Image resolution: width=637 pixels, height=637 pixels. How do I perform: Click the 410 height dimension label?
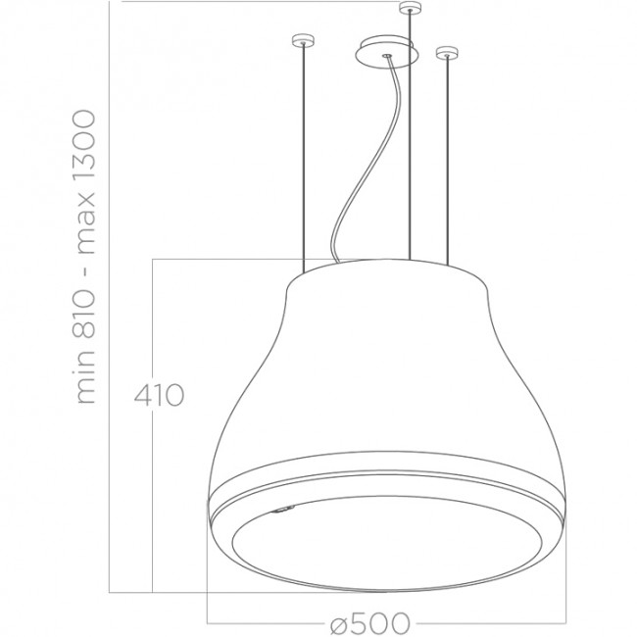click(158, 397)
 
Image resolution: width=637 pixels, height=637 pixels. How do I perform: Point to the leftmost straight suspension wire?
click(303, 157)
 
